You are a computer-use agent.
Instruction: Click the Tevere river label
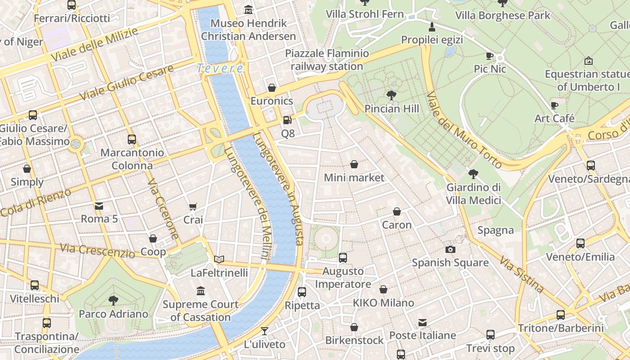220,69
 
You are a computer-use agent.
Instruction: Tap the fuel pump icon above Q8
287,120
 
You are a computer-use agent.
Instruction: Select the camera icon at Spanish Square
450,249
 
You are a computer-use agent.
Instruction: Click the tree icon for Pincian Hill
391,95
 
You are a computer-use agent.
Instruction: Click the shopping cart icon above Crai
193,207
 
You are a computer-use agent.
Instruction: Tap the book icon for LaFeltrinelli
219,259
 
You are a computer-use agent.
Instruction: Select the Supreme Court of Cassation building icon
201,291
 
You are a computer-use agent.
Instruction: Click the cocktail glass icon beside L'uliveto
264,331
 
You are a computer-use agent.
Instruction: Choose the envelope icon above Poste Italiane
422,322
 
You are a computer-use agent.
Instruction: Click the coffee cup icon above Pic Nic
490,56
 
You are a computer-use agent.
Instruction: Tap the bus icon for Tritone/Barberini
560,315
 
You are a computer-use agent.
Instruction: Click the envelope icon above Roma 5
99,206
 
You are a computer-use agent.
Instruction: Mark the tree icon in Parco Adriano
113,300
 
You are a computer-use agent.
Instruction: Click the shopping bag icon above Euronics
271,88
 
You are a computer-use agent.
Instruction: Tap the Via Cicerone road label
163,209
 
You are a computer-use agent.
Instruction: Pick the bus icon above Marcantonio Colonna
131,139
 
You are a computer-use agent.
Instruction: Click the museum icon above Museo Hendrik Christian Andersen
248,9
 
